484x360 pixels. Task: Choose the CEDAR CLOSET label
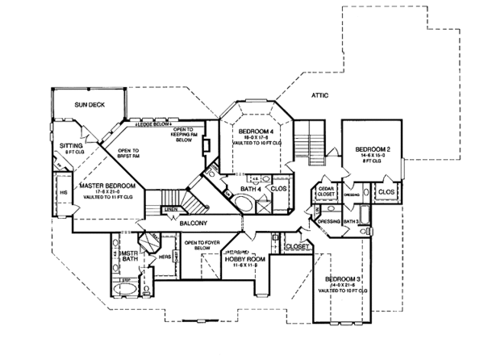click(325, 191)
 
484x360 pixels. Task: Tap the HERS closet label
click(164, 257)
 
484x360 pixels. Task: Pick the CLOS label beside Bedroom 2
click(386, 192)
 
